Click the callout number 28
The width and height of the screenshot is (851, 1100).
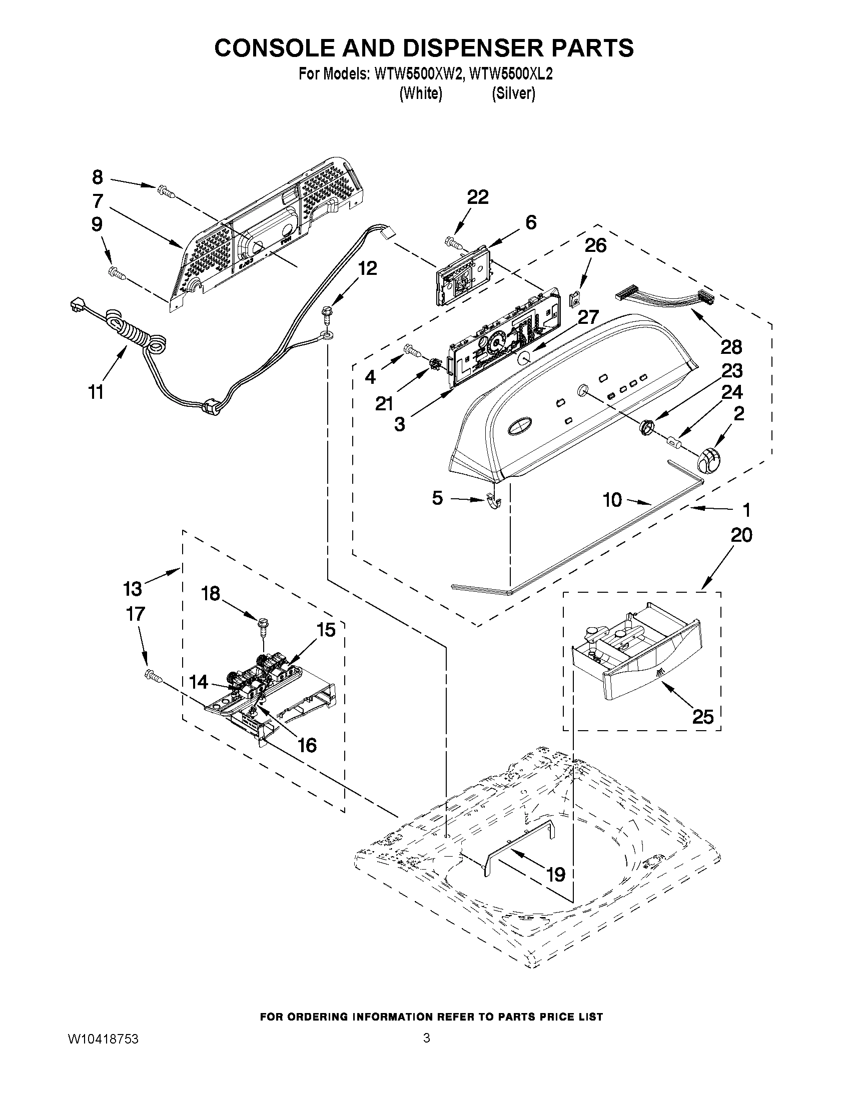click(x=731, y=346)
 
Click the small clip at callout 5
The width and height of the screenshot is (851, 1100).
click(x=495, y=502)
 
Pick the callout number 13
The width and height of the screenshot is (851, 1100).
click(x=133, y=588)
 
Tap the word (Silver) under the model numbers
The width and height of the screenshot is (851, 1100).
click(x=513, y=93)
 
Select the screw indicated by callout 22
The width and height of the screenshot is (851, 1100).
click(x=454, y=242)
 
